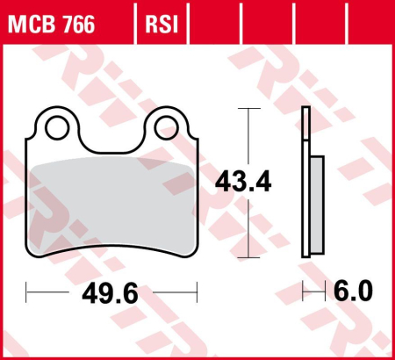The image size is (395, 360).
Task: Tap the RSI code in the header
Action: [x=161, y=24]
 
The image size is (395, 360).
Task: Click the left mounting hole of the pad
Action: [x=59, y=128]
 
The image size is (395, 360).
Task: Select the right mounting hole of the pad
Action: [x=166, y=128]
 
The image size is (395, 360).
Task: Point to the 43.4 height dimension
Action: [x=242, y=184]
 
